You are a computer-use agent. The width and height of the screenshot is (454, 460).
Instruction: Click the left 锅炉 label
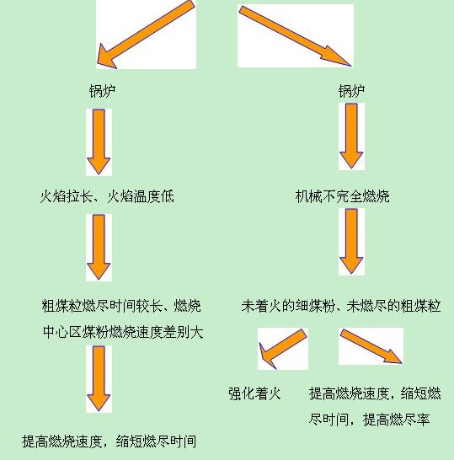pyautogui.click(x=103, y=91)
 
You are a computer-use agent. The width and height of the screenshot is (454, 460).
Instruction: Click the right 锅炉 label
pyautogui.click(x=351, y=91)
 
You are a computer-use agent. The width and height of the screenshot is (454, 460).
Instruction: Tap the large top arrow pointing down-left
pyautogui.click(x=146, y=35)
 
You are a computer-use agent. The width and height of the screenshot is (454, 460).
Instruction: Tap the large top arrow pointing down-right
pyautogui.click(x=295, y=36)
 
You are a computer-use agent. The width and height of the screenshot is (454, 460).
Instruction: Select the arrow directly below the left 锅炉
pyautogui.click(x=99, y=142)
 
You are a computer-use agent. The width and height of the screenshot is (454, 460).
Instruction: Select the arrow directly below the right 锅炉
pyautogui.click(x=351, y=136)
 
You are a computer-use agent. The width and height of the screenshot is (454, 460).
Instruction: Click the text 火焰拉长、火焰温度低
pyautogui.click(x=107, y=196)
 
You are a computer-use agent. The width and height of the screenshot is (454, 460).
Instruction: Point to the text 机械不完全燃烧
pyautogui.click(x=342, y=196)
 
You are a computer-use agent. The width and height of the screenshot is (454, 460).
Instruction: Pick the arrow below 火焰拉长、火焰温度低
pyautogui.click(x=99, y=247)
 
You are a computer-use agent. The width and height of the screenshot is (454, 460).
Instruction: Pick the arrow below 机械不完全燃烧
pyautogui.click(x=351, y=241)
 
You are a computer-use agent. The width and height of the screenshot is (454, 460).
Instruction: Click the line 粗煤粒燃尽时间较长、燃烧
pyautogui.click(x=121, y=306)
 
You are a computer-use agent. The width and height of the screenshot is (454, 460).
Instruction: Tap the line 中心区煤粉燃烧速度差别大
pyautogui.click(x=123, y=332)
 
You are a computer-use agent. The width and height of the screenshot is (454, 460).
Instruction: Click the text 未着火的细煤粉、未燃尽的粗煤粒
pyautogui.click(x=341, y=306)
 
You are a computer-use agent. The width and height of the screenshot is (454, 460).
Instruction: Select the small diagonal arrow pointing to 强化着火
pyautogui.click(x=283, y=349)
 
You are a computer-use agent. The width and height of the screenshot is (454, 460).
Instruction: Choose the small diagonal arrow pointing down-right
pyautogui.click(x=371, y=346)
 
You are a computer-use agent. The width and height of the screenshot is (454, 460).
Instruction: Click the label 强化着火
pyautogui.click(x=254, y=393)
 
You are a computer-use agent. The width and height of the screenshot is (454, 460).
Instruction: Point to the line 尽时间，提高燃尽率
pyautogui.click(x=369, y=420)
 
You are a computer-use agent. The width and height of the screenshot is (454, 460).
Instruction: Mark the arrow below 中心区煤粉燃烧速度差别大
pyautogui.click(x=99, y=378)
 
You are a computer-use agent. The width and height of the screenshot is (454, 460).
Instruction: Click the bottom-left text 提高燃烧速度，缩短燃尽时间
pyautogui.click(x=109, y=441)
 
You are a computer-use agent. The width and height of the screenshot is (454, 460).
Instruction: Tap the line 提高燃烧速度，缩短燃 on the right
pyautogui.click(x=375, y=393)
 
